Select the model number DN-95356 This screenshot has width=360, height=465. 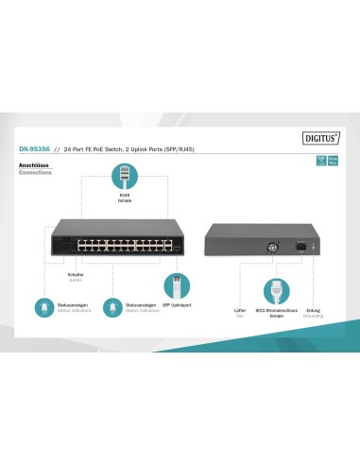[x=35, y=147]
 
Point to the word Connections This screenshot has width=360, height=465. [x=36, y=172]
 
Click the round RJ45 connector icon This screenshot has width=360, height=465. [x=125, y=175]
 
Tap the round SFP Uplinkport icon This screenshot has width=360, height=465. [x=173, y=285]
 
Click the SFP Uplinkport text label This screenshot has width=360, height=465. [x=174, y=305]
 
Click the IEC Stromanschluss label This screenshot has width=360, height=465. [x=277, y=310]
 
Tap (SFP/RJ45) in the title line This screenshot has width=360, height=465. [x=201, y=148]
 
